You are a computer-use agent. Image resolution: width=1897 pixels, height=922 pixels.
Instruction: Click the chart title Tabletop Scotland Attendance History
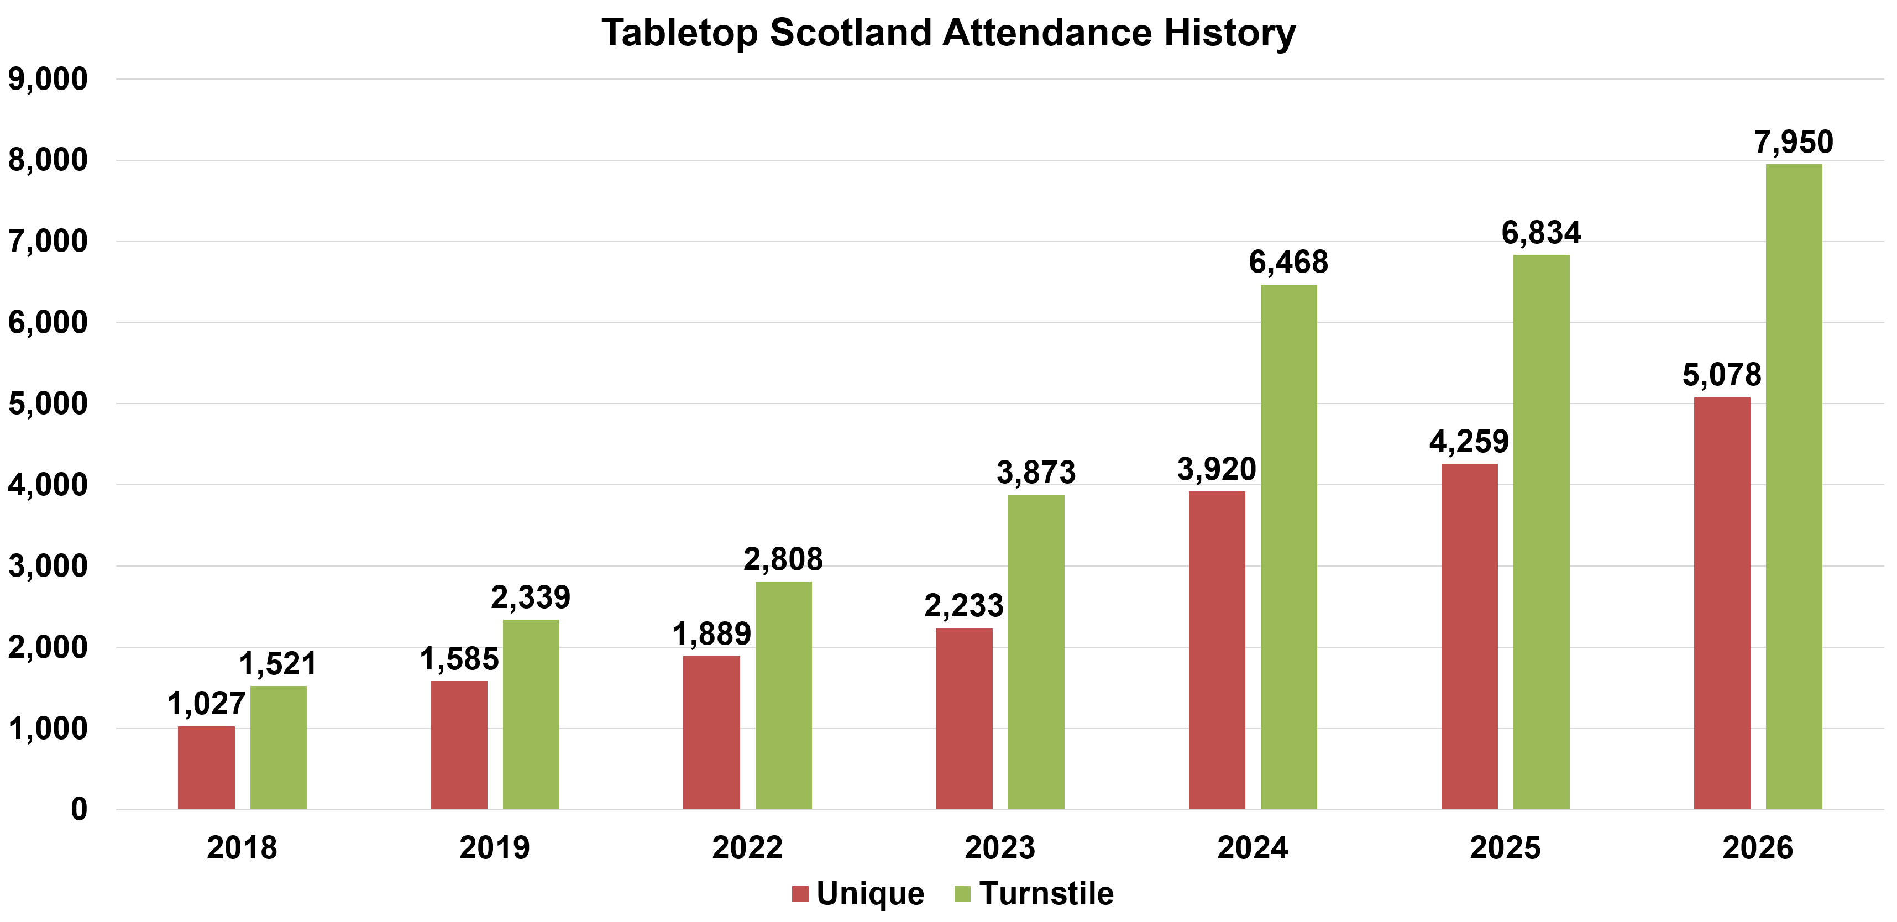[x=948, y=33]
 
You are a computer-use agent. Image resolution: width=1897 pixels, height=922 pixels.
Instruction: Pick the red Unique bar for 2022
[x=711, y=733]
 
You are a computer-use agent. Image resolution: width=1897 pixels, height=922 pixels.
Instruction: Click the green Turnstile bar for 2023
[x=1036, y=652]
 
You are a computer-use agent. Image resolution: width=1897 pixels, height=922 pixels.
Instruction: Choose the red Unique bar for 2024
[x=1217, y=650]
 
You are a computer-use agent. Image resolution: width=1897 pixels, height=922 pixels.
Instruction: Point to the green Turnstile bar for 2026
[x=1794, y=487]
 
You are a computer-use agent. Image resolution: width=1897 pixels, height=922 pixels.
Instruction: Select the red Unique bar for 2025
[x=1470, y=636]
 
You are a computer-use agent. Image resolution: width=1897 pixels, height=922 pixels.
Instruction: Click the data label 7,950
[x=1794, y=142]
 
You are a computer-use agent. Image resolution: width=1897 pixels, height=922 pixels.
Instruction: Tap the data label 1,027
[x=206, y=704]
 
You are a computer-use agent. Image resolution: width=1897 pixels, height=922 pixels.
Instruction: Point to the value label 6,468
[x=1289, y=262]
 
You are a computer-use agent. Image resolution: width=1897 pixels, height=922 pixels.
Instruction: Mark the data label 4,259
[x=1470, y=442]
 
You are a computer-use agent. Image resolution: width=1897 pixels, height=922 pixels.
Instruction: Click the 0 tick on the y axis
[x=80, y=809]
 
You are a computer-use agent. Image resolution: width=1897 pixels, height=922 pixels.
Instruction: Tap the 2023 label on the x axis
[x=1000, y=847]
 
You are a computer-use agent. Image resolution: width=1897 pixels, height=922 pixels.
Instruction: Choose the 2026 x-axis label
[x=1758, y=847]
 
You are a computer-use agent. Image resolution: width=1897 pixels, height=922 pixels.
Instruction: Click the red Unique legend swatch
[x=800, y=894]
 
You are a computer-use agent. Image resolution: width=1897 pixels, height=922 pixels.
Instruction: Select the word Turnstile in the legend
[x=1046, y=893]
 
